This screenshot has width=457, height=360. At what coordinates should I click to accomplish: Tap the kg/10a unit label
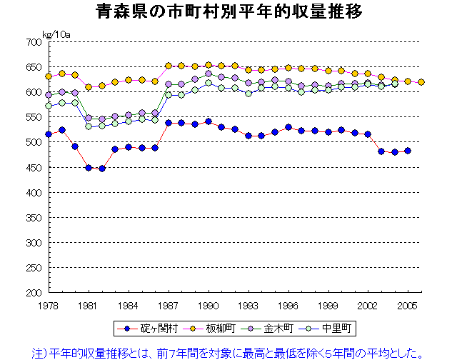55,34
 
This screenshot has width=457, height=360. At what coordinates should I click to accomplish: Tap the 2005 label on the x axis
408,306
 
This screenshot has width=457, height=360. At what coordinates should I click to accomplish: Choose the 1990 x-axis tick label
209,306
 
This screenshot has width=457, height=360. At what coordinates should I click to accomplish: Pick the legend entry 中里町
336,329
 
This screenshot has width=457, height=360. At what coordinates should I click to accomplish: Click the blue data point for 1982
102,169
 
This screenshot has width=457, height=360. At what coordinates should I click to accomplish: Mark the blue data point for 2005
408,151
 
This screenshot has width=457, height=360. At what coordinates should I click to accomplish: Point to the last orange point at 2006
421,82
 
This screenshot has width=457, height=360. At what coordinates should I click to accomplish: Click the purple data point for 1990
209,74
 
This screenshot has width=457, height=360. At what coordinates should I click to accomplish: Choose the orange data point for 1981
89,87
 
